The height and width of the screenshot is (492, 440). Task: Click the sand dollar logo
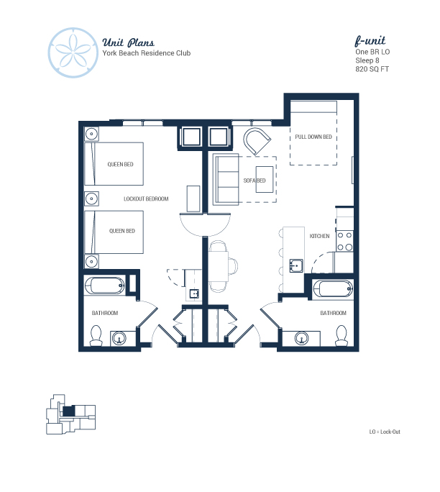(x=73, y=53)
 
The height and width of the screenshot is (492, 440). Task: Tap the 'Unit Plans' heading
(x=128, y=42)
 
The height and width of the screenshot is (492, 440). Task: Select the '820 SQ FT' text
(x=372, y=69)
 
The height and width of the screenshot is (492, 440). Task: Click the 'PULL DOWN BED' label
(x=313, y=137)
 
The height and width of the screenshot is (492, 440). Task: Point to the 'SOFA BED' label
(x=255, y=181)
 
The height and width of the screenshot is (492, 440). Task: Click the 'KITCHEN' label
(x=319, y=236)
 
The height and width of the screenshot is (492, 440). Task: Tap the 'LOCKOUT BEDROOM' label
(x=146, y=199)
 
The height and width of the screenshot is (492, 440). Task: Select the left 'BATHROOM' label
(x=105, y=313)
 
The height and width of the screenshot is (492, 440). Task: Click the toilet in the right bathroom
(x=342, y=335)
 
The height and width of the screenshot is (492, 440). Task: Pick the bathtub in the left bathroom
(x=104, y=286)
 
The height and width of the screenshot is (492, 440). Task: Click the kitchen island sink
(x=295, y=265)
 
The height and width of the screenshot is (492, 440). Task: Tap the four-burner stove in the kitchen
(x=344, y=241)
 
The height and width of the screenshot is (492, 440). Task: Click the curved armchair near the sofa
(x=257, y=140)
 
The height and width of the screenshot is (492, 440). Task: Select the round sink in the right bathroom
(x=302, y=338)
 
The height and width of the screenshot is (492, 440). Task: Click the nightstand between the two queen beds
(x=91, y=199)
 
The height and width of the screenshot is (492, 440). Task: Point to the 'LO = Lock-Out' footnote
(x=385, y=432)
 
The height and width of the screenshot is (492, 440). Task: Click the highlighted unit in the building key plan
(x=69, y=411)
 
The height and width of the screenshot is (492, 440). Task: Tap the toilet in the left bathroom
(x=96, y=335)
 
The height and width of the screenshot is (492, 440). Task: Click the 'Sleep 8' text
(x=367, y=60)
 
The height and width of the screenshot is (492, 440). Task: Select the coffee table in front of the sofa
(x=265, y=179)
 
